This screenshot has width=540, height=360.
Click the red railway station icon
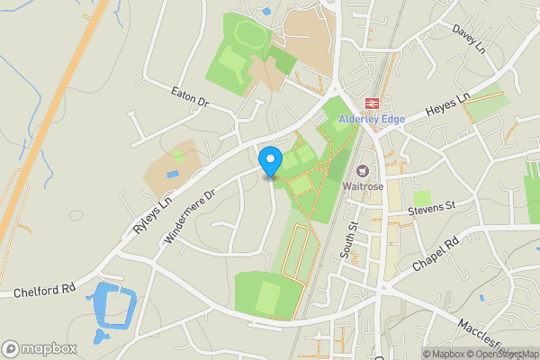point(372,104)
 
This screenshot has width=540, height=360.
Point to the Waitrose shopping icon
point(364,170)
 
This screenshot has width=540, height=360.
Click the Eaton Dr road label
point(190,98)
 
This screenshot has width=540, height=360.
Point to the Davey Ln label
point(469,39)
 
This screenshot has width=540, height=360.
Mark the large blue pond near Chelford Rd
point(114,307)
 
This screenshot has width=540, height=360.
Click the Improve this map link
point(532,354)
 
